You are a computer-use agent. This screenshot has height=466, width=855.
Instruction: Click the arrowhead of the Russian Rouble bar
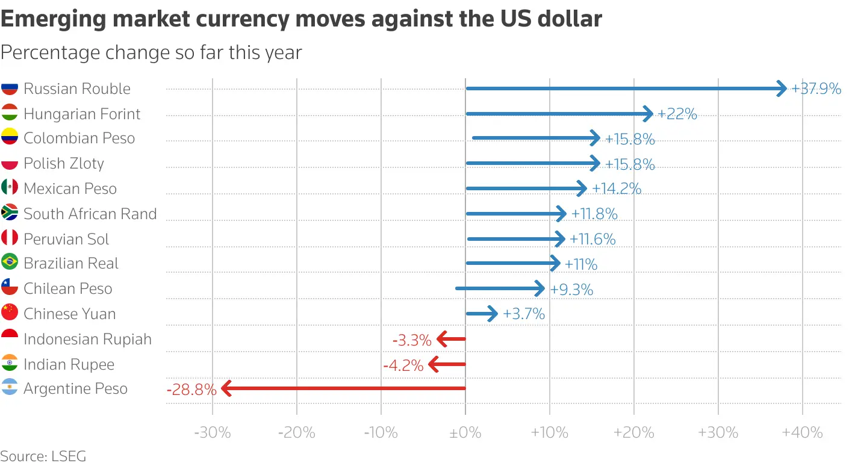pyautogui.click(x=782, y=89)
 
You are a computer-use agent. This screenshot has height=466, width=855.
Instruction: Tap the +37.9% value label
pyautogui.click(x=816, y=89)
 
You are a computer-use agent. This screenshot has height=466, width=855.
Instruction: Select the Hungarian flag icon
pyautogui.click(x=9, y=113)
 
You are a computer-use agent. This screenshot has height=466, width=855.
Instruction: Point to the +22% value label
pyautogui.click(x=677, y=114)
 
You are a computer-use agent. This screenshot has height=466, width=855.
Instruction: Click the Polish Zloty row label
pyautogui.click(x=63, y=164)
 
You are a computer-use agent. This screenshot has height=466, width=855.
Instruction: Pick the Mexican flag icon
pyautogui.click(x=9, y=188)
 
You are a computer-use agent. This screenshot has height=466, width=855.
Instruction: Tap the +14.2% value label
pyautogui.click(x=617, y=189)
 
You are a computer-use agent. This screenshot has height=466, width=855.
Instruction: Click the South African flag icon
pyautogui.click(x=9, y=213)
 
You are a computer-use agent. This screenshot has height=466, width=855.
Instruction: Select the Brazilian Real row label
pyautogui.click(x=71, y=264)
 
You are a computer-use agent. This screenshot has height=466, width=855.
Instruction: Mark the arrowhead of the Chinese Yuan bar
pyautogui.click(x=493, y=314)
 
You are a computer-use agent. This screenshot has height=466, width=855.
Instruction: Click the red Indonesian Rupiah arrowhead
pyautogui.click(x=441, y=339)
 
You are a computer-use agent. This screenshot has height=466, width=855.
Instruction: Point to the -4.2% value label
pyautogui.click(x=403, y=365)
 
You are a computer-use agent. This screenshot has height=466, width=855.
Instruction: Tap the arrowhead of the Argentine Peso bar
pyautogui.click(x=226, y=389)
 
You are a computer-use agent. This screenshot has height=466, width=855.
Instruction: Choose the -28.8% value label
pyautogui.click(x=191, y=390)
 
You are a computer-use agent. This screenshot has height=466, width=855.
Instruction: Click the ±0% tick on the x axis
pyautogui.click(x=465, y=432)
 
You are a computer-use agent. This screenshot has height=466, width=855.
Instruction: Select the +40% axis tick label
pyautogui.click(x=803, y=432)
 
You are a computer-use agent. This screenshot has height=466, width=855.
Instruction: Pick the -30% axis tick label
pyautogui.click(x=213, y=432)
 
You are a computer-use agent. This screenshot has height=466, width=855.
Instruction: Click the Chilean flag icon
pyautogui.click(x=9, y=288)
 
